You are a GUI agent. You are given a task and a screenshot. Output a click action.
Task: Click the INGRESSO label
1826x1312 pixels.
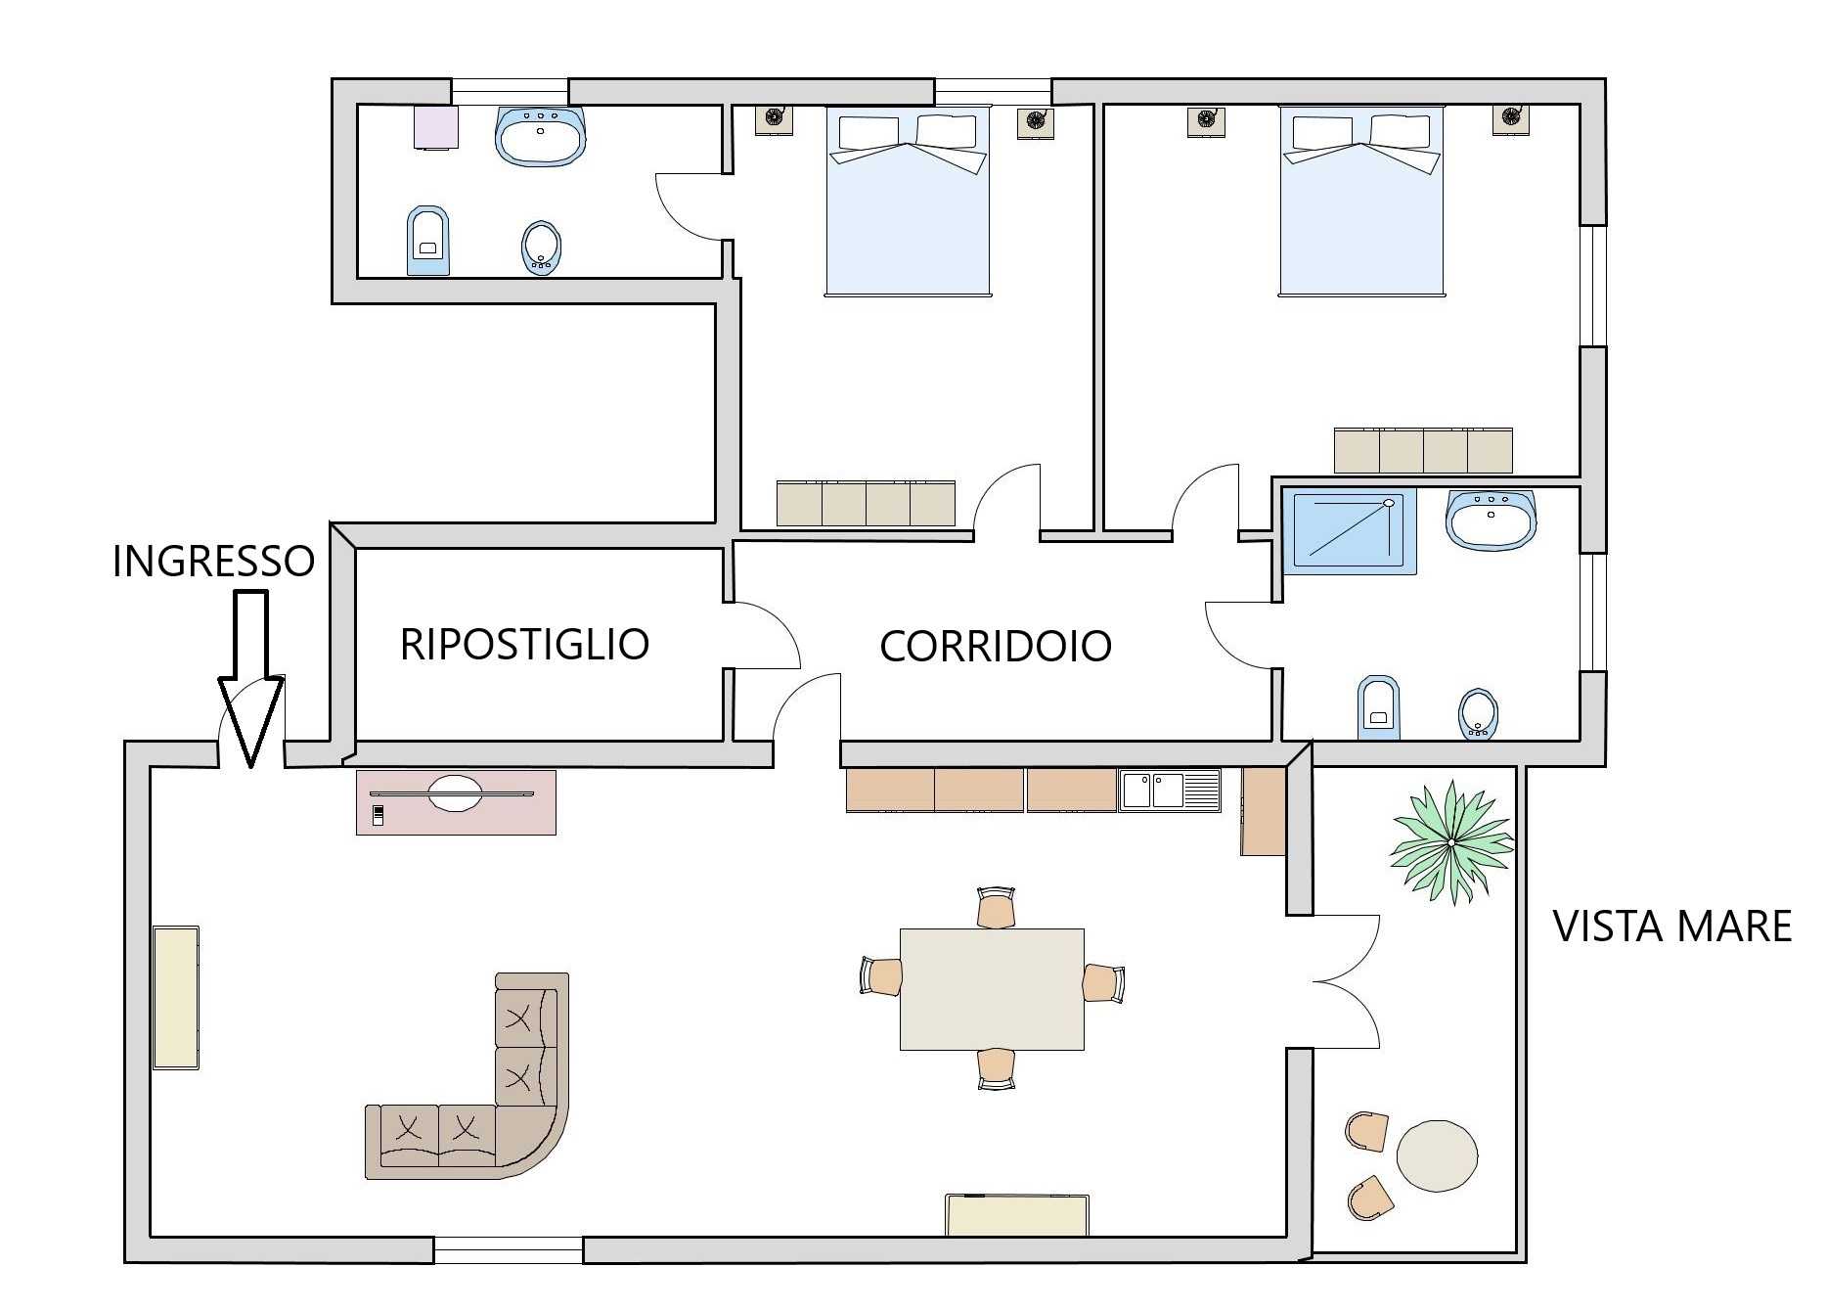pyautogui.click(x=213, y=561)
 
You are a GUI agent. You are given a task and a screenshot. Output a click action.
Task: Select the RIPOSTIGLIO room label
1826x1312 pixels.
pyautogui.click(x=524, y=644)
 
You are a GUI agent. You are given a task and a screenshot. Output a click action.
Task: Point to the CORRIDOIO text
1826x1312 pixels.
pyautogui.click(x=996, y=646)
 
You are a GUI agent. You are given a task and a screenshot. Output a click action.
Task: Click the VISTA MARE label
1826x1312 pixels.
pyautogui.click(x=1672, y=926)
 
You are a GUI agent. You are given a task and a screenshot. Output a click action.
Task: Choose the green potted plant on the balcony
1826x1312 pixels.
pyautogui.click(x=1452, y=841)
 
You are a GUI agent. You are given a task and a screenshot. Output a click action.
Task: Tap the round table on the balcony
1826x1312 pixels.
pyautogui.click(x=1437, y=1155)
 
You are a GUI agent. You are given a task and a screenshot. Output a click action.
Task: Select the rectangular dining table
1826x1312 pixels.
pyautogui.click(x=992, y=989)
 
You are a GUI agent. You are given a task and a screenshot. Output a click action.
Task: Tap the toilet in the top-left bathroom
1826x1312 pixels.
pyautogui.click(x=427, y=241)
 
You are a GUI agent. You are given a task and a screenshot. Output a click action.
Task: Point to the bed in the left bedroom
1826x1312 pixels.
pyautogui.click(x=909, y=201)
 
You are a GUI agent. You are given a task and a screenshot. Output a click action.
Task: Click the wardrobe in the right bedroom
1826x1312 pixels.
pyautogui.click(x=1423, y=450)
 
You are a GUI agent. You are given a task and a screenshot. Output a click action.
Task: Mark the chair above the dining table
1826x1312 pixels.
pyautogui.click(x=996, y=907)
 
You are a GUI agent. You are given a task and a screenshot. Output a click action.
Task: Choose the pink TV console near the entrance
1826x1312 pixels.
pyautogui.click(x=456, y=802)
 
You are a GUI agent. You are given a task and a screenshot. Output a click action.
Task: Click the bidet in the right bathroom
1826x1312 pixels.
pyautogui.click(x=1478, y=713)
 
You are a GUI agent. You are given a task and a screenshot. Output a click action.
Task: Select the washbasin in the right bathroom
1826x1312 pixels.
pyautogui.click(x=1491, y=520)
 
